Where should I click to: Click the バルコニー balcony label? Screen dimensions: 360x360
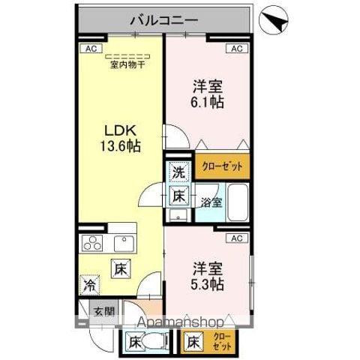(164, 20)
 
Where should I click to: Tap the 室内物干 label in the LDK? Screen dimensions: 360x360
(127, 64)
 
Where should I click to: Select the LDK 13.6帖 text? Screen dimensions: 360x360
(121, 137)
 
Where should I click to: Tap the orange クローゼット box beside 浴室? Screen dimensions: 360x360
(222, 166)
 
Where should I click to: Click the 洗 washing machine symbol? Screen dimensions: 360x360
(178, 172)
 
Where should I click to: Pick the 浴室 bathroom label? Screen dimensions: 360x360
(211, 202)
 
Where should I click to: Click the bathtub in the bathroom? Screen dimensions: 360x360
(238, 200)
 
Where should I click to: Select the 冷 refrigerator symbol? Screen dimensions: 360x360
(89, 284)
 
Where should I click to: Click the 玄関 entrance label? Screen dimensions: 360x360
(103, 310)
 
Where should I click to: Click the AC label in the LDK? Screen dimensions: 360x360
(88, 49)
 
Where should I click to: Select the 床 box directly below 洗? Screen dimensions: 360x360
(178, 196)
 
